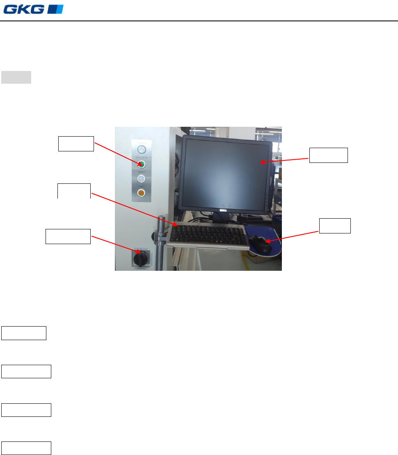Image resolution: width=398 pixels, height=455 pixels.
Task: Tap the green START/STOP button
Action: (141, 165)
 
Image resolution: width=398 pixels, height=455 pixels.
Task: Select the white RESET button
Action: (141, 178)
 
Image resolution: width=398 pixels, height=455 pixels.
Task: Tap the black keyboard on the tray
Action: (207, 234)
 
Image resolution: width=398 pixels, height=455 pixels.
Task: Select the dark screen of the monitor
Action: (226, 172)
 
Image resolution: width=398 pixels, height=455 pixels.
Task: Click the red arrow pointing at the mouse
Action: (292, 236)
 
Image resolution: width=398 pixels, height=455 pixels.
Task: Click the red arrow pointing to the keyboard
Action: (133, 209)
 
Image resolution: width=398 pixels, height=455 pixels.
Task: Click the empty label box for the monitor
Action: (328, 155)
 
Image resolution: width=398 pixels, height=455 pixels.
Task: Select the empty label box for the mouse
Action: (335, 226)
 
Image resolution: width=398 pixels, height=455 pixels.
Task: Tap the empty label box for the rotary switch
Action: (68, 237)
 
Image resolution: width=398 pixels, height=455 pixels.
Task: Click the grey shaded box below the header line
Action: (16, 77)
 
